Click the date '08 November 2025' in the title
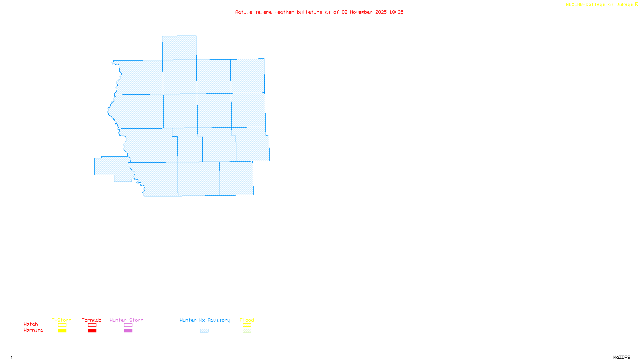(364, 12)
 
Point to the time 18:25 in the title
(396, 12)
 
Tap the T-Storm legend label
(62, 320)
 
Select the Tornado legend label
(92, 320)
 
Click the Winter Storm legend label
(126, 320)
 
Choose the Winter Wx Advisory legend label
(205, 320)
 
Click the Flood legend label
(247, 320)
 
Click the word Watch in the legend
(31, 324)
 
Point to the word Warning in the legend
(34, 330)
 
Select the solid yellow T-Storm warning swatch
(62, 331)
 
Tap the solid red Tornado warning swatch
(92, 331)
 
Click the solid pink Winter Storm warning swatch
(128, 331)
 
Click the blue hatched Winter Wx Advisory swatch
(204, 331)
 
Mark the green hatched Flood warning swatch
(247, 331)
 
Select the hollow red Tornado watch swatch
(92, 325)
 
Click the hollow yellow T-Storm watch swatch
(62, 325)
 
